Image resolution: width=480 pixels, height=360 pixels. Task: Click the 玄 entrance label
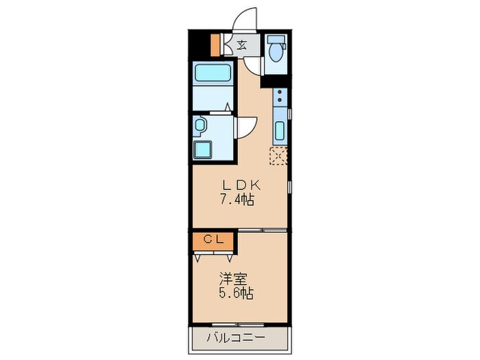(x=242, y=47)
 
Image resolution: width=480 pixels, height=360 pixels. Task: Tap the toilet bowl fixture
(x=276, y=51)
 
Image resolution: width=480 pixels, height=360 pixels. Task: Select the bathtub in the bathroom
(x=213, y=73)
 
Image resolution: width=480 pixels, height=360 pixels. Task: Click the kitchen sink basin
(x=279, y=130)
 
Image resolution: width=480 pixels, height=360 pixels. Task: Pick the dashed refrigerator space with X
(x=278, y=156)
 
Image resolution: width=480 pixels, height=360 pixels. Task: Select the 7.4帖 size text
(x=238, y=200)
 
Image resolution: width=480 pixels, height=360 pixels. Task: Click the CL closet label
(x=213, y=240)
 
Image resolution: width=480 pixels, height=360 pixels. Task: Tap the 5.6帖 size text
(x=237, y=294)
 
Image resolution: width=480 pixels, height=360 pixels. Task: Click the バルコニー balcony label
(x=237, y=337)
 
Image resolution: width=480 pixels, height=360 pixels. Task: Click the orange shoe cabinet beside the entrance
(x=215, y=45)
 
